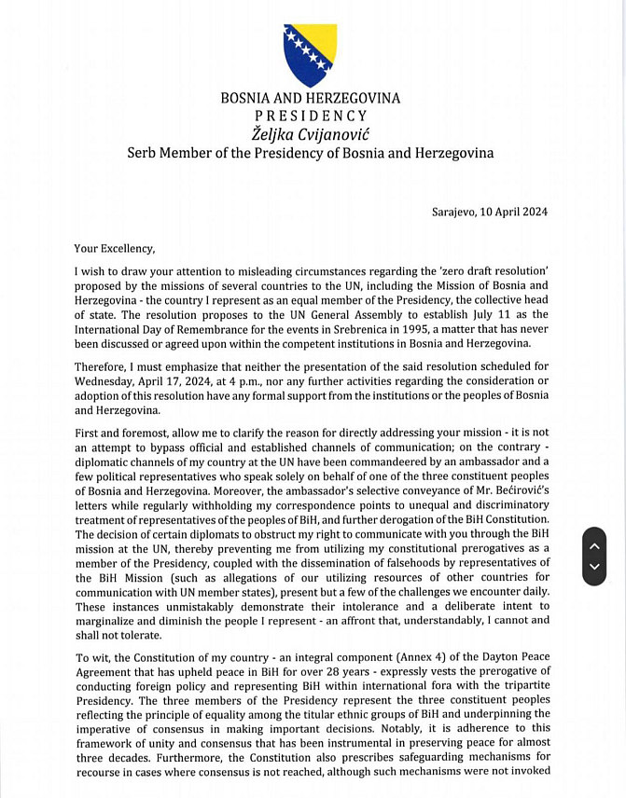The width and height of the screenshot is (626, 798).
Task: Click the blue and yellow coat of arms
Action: [x=310, y=55]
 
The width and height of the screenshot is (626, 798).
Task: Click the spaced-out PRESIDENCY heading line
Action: [x=310, y=116]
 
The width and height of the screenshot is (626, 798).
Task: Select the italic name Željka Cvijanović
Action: [x=310, y=133]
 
